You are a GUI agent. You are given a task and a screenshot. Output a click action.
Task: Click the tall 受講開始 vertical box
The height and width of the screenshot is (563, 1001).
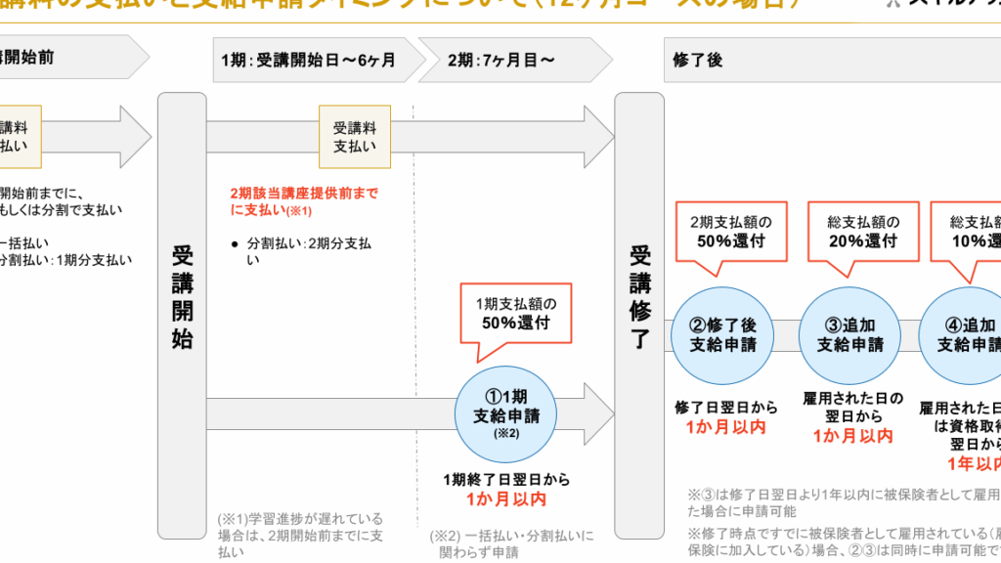(x=182, y=313)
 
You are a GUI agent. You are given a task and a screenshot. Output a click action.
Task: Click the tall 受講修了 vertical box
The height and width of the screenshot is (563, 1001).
(x=639, y=313)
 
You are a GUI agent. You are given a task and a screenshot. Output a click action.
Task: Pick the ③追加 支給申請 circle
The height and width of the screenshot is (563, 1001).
(x=849, y=334)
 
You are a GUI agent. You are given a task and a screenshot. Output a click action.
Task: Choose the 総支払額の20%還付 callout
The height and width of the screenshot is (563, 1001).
(x=863, y=231)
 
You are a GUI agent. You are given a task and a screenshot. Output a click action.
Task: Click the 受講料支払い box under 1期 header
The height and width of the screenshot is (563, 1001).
(x=354, y=137)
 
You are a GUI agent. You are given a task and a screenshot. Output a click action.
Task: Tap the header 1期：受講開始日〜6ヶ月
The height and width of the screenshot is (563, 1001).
(x=308, y=61)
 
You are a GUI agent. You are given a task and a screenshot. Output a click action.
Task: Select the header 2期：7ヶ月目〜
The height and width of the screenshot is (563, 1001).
(x=501, y=61)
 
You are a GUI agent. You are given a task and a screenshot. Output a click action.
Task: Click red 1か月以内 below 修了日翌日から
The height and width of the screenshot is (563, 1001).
(x=725, y=427)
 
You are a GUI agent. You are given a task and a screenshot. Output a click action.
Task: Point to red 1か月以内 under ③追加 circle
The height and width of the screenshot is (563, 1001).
(x=852, y=436)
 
